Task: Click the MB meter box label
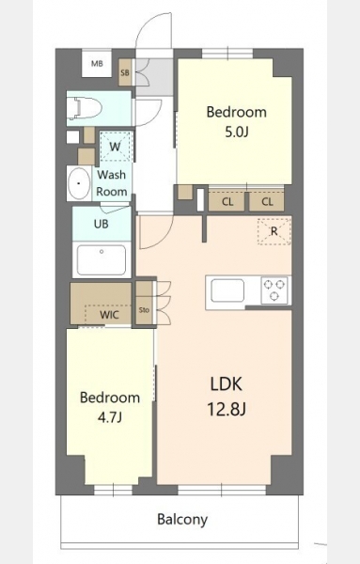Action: point(97,64)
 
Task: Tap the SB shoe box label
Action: point(125,72)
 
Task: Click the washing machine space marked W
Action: point(115,147)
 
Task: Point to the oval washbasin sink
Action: point(79,183)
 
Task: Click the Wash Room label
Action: point(112,183)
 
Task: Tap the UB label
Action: point(102,224)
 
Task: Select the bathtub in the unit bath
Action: point(102,260)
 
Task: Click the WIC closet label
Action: point(109,315)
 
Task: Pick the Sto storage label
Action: point(144,309)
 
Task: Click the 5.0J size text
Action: point(237,132)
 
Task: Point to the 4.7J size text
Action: point(110,417)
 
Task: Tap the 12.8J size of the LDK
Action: point(227,409)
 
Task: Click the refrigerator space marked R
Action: point(274,231)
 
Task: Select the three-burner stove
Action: point(274,290)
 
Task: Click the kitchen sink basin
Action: point(227,290)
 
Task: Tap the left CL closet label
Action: point(227,202)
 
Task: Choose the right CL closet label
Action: point(267,202)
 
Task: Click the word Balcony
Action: point(182,520)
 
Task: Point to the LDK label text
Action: point(227,384)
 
